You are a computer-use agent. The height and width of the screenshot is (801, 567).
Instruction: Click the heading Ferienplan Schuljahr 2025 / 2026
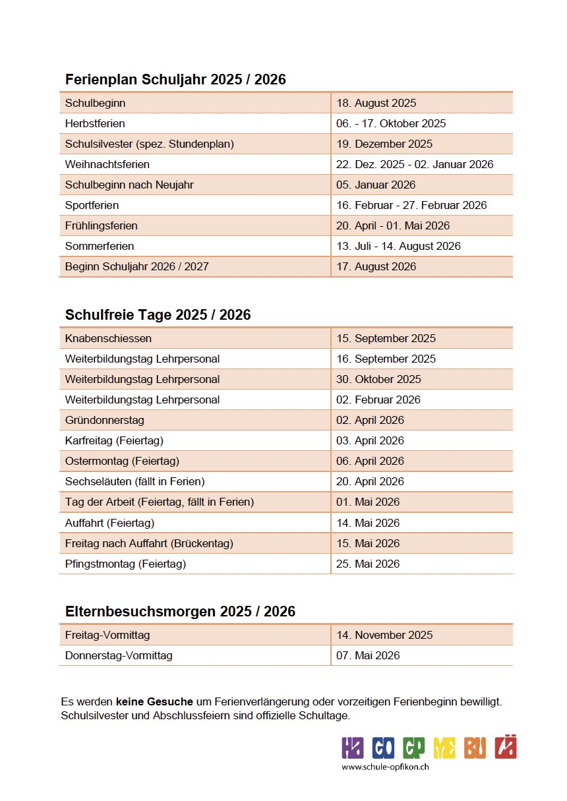pos(175,80)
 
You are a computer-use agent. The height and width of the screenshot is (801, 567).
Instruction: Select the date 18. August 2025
pos(376,103)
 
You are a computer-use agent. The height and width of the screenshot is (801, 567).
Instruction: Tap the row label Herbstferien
pos(95,123)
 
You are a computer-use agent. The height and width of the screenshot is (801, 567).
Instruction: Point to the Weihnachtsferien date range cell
pos(415,164)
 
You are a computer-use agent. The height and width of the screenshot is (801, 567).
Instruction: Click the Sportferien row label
pos(92,205)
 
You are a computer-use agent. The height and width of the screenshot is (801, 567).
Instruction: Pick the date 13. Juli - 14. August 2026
pos(398,246)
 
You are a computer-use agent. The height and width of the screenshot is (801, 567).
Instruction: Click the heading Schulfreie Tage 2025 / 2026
pos(158,315)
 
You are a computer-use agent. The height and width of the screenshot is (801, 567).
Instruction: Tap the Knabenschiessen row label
pos(108,338)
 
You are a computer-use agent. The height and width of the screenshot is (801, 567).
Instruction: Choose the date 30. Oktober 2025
pos(378,379)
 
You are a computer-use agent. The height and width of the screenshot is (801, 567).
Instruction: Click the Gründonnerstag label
pos(104,420)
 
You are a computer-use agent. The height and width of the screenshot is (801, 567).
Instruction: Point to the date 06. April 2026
pos(370,461)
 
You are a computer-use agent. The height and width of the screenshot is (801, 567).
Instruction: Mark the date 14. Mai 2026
pos(368,523)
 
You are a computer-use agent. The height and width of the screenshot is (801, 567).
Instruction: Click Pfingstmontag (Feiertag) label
pos(125,564)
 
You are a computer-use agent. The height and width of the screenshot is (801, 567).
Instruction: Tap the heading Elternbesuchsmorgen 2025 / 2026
pos(180,612)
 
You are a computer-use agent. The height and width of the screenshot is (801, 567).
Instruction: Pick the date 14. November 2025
pos(384,635)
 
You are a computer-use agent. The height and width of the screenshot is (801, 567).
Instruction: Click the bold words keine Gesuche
pos(154,702)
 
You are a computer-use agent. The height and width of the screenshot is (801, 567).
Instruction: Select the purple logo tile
pos(353,748)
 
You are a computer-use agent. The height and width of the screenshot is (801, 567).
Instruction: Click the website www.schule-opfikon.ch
pos(386,767)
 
